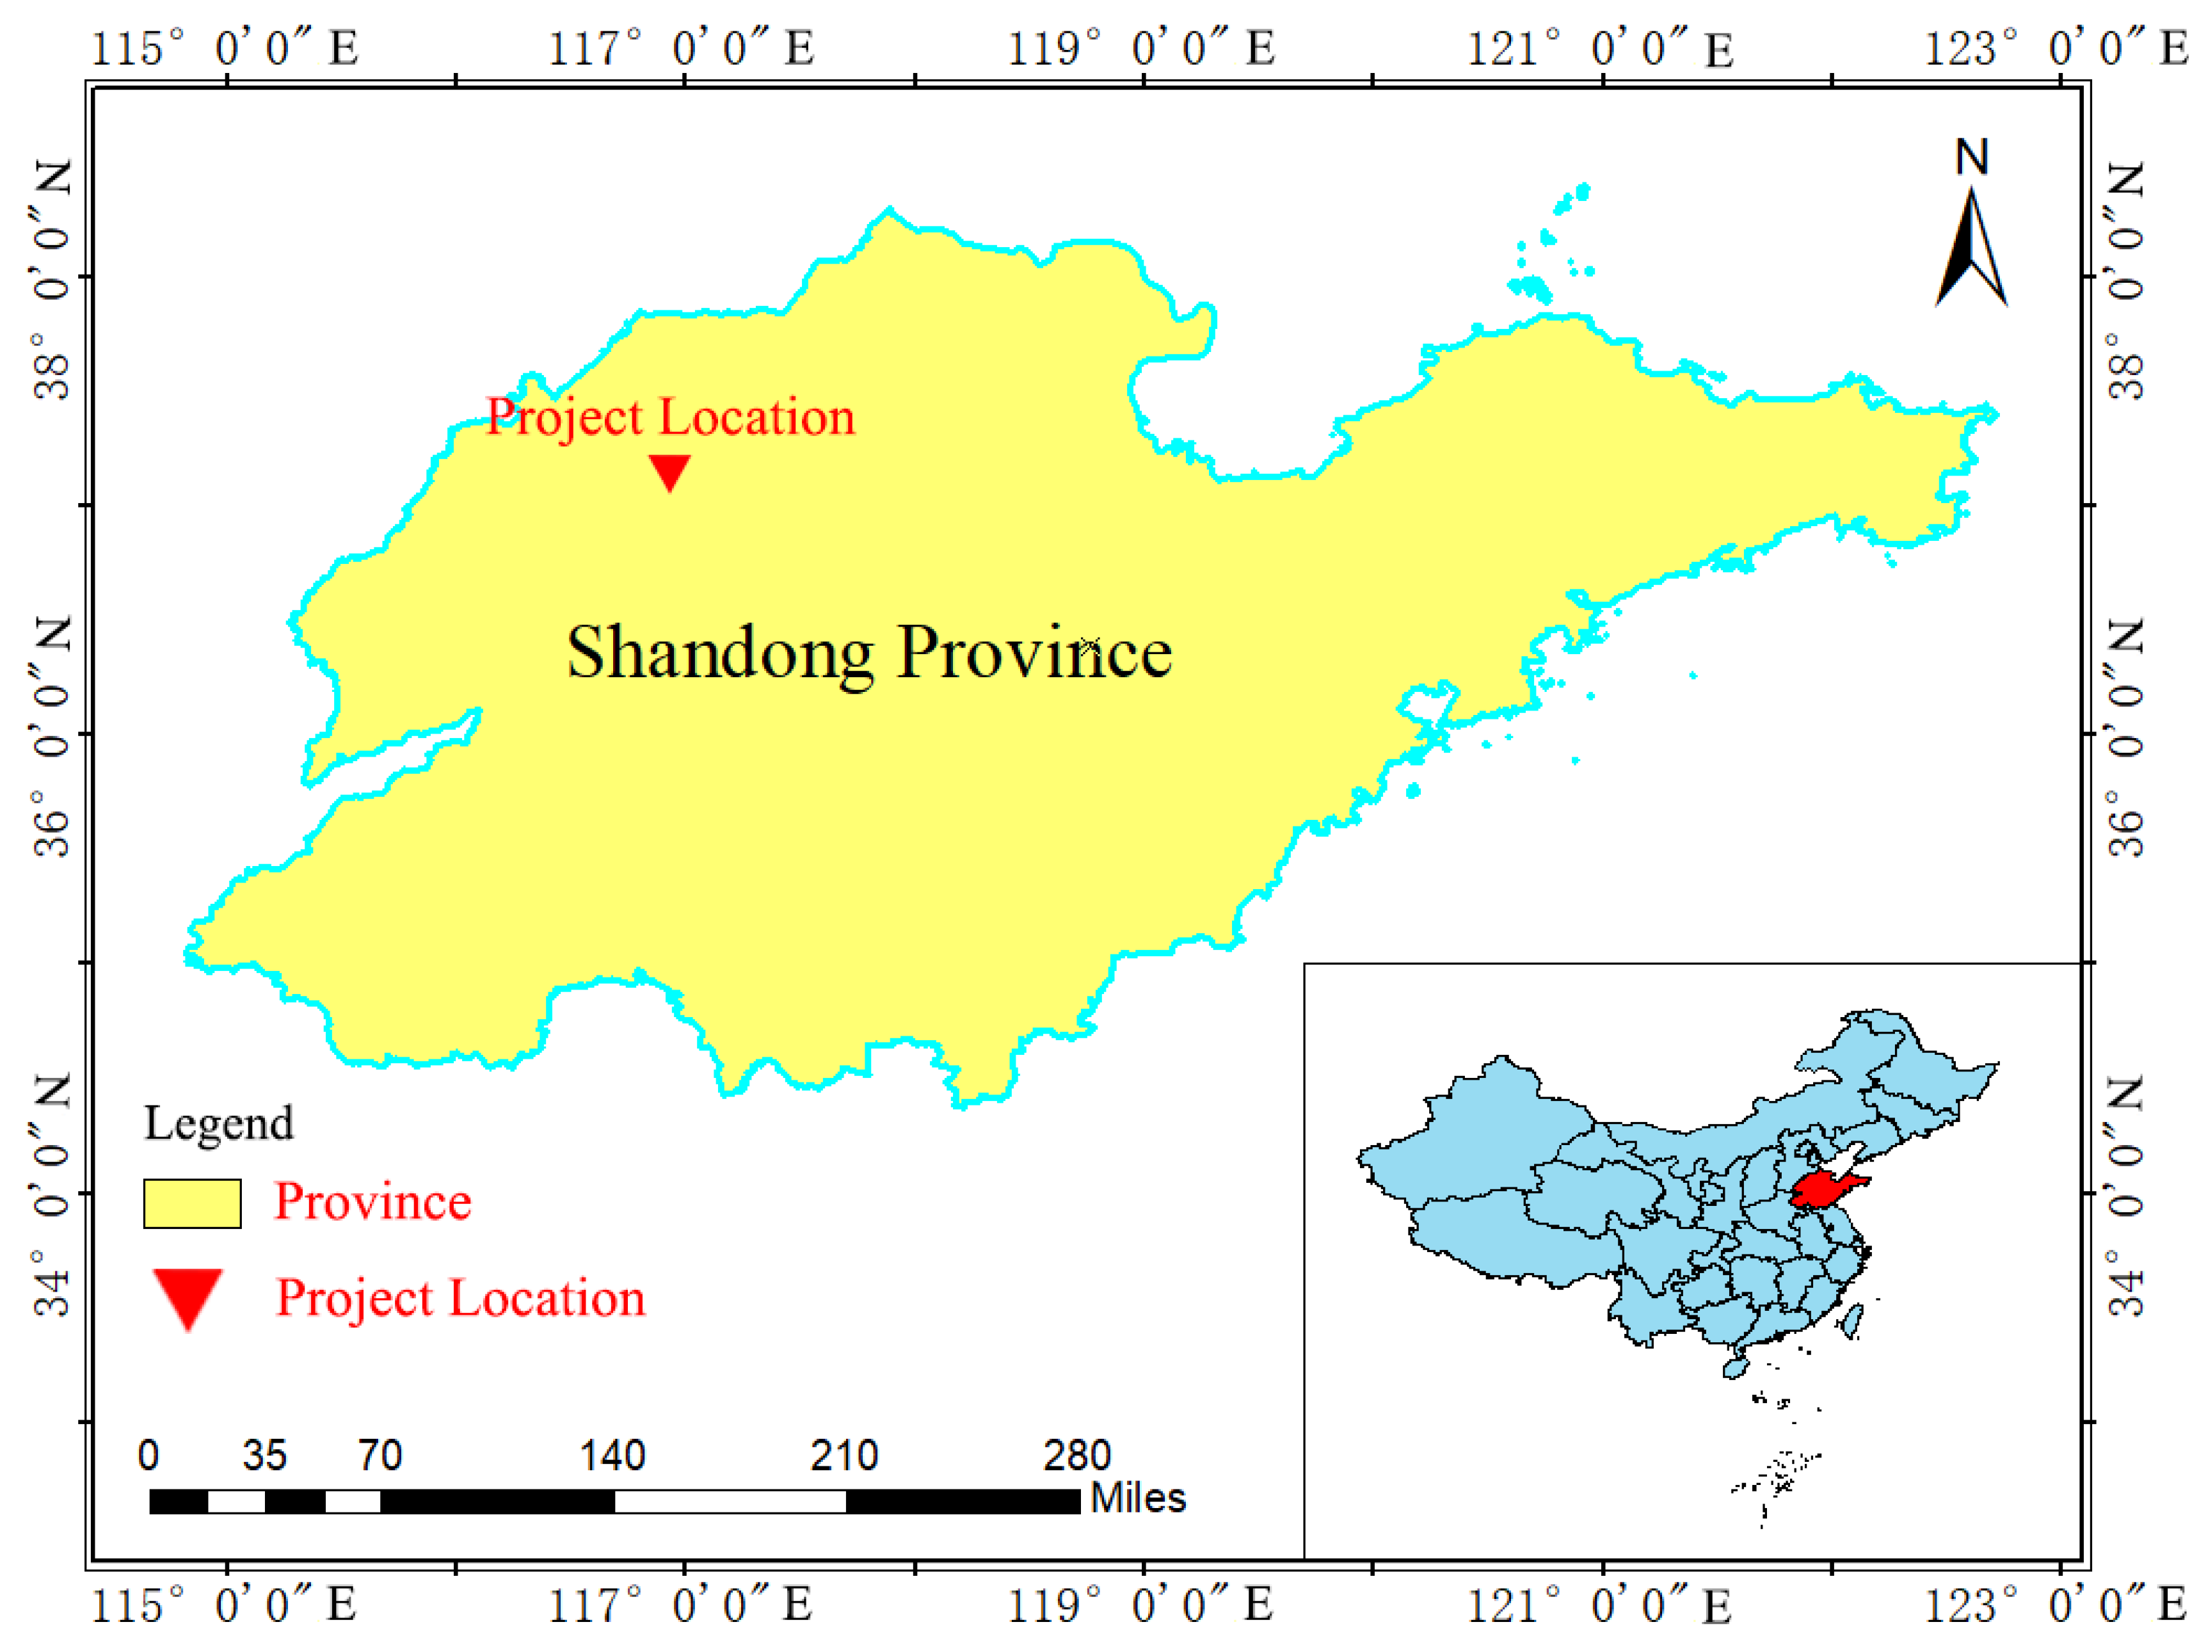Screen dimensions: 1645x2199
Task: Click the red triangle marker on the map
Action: [x=669, y=472]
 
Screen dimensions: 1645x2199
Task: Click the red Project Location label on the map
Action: [x=670, y=417]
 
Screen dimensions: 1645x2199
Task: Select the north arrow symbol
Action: [x=1971, y=248]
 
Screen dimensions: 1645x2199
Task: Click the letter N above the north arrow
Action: [x=1971, y=157]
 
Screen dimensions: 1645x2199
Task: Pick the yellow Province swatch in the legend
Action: [x=192, y=1203]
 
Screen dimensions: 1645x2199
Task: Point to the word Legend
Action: [x=219, y=1123]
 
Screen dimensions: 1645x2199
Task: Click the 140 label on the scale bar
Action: [x=612, y=1455]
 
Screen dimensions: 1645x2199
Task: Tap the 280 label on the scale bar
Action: [x=1076, y=1455]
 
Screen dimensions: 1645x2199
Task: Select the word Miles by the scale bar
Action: [x=1139, y=1498]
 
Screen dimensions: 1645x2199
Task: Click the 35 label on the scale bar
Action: [x=264, y=1455]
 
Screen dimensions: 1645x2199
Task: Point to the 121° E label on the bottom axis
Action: [x=1599, y=1604]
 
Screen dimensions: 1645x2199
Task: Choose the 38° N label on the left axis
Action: [x=52, y=278]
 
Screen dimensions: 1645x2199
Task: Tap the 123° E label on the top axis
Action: [x=2056, y=48]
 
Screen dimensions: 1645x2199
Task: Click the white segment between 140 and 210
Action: [x=730, y=1501]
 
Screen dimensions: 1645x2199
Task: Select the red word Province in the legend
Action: [x=373, y=1201]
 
